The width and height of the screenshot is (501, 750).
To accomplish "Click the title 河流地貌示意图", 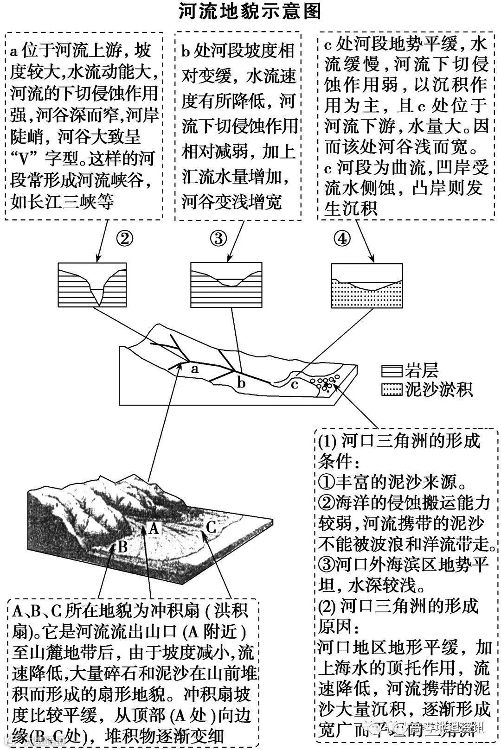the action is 250,12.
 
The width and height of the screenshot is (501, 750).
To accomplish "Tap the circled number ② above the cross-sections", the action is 124,239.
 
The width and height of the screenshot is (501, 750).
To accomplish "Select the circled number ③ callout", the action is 218,239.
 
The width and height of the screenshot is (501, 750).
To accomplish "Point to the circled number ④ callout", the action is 342,239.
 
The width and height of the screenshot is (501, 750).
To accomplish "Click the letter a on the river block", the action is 195,369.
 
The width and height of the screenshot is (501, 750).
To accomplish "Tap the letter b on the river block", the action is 241,382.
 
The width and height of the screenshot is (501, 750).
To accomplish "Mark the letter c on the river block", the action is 295,384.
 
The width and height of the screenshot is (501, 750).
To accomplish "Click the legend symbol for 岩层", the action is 391,371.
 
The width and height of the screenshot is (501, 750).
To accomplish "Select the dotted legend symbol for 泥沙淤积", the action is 391,390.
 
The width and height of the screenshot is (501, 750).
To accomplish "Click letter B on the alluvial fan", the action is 122,547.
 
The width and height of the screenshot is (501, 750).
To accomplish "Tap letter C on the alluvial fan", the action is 211,527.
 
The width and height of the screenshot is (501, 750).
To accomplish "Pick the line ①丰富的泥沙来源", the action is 393,482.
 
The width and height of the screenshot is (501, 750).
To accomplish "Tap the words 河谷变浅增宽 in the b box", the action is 231,202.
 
